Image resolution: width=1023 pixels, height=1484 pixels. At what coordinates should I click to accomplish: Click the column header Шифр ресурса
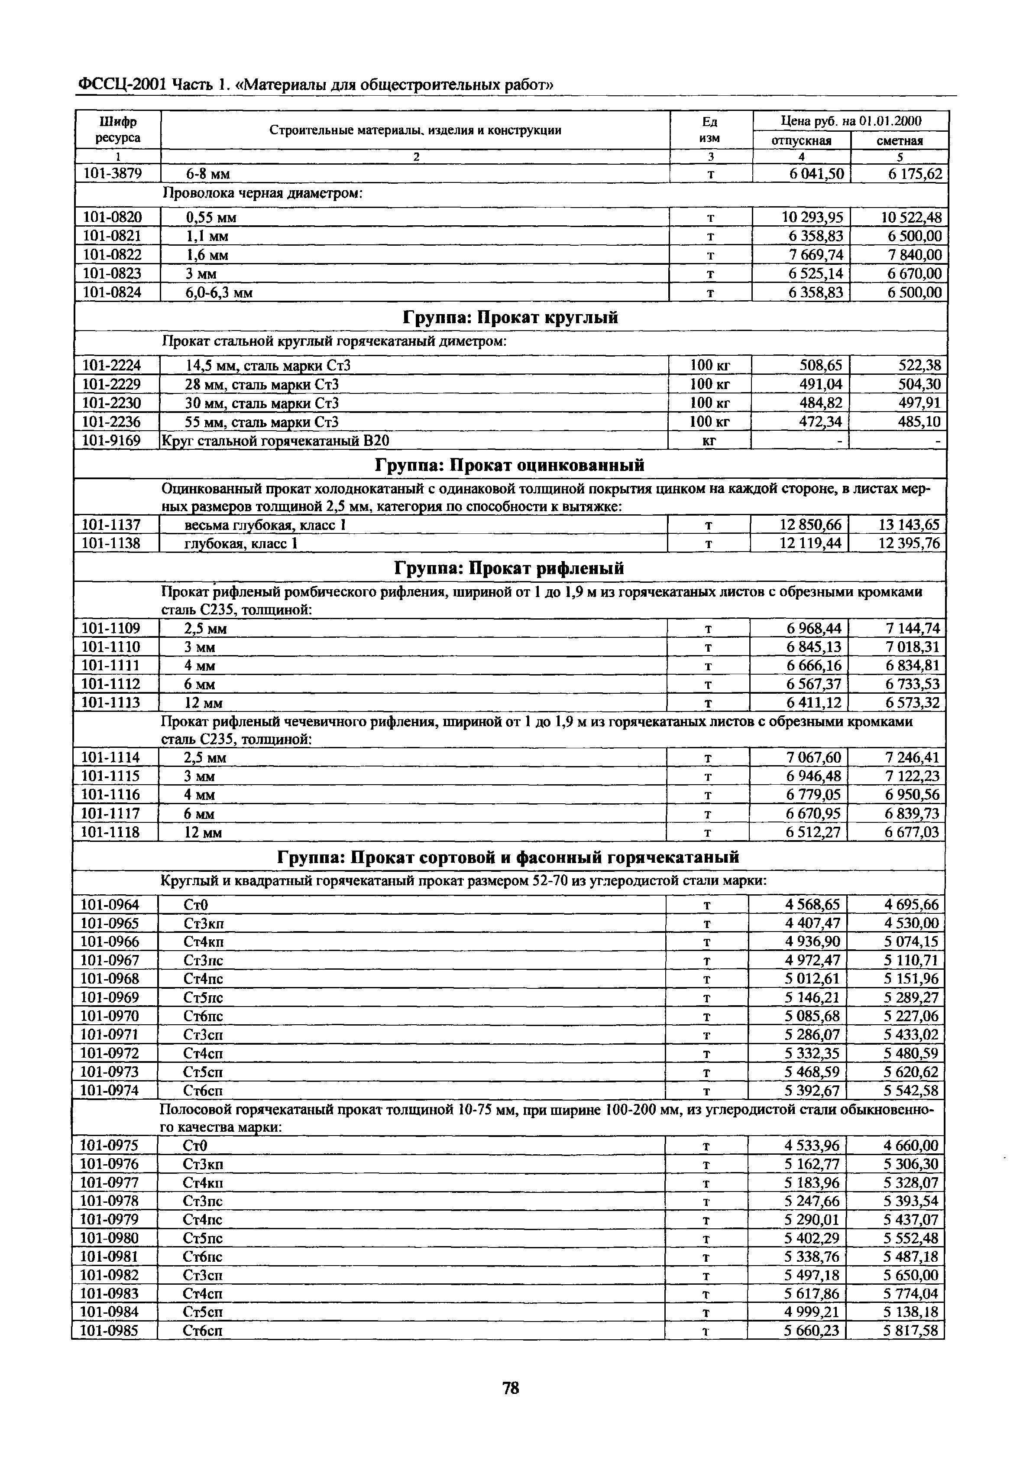tap(118, 130)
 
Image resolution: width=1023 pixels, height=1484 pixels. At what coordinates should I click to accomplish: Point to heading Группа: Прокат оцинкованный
tap(510, 465)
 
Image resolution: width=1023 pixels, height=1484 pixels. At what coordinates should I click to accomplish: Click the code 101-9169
tap(112, 441)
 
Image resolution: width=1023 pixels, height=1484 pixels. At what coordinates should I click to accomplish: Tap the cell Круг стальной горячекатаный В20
tap(275, 441)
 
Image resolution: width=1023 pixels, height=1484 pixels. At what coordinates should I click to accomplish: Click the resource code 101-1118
tap(110, 832)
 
